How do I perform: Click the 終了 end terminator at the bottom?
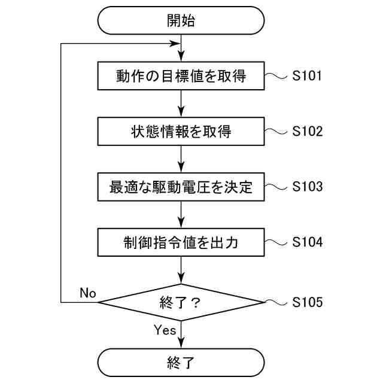180,363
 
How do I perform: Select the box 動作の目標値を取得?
180,77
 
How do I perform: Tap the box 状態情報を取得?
180,132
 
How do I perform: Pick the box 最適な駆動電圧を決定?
180,187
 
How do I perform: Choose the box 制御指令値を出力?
180,243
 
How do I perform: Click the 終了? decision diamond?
180,302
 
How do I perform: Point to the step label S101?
308,77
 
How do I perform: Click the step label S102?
308,132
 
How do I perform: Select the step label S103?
308,187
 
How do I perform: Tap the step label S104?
308,242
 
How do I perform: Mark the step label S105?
308,302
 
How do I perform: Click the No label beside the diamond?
88,293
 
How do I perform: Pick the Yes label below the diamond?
165,330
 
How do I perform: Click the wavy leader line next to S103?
276,187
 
